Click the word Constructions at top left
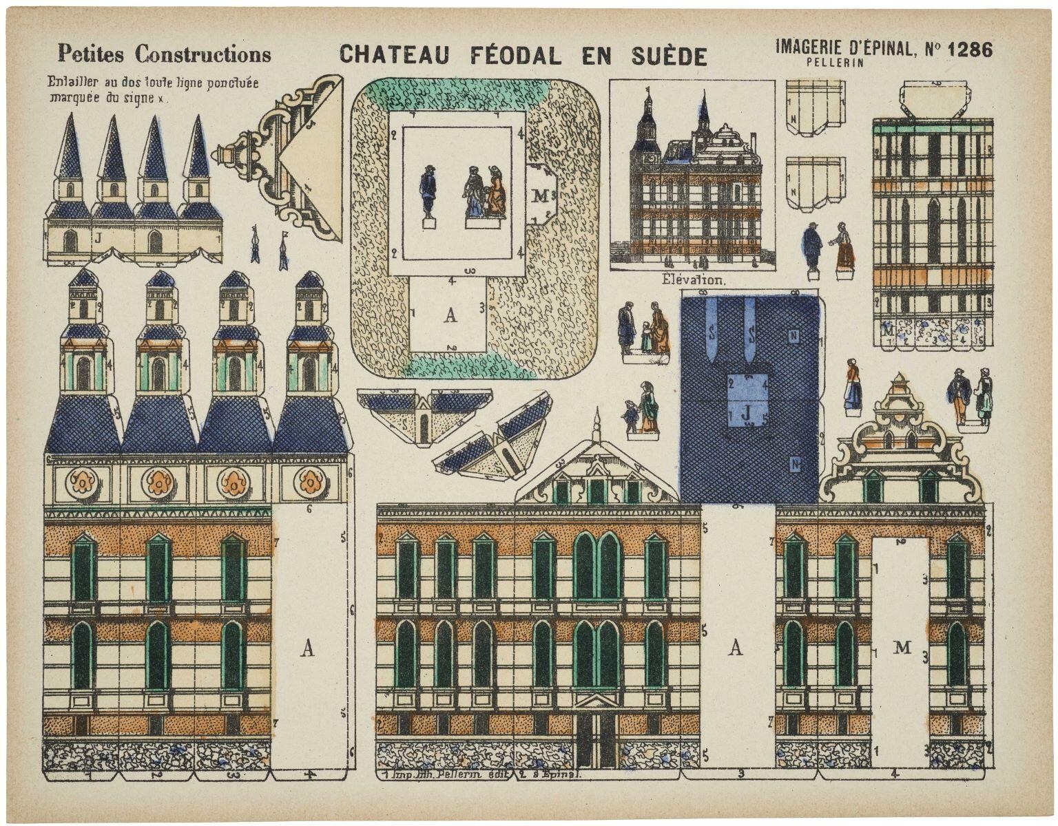pos(203,53)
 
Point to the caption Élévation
pos(693,280)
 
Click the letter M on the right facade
pos(902,647)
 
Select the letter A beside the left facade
pos(308,648)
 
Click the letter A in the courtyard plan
pos(450,315)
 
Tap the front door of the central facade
pos(597,738)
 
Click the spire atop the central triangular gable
pos(597,421)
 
